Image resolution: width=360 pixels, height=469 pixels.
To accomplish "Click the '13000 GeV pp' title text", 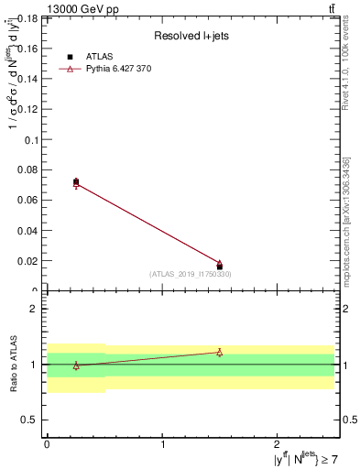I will pos(43,8).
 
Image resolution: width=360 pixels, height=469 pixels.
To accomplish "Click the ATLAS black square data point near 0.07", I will pos(76,182).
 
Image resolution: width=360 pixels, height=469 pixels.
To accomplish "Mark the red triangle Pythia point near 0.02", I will pos(220,263).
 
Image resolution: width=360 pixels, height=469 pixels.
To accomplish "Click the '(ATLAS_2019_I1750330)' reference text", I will pos(191,274).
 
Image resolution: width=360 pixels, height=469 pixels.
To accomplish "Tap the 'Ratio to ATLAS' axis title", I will pos(13,364).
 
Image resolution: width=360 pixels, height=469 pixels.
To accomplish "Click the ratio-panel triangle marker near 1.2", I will pos(220,352).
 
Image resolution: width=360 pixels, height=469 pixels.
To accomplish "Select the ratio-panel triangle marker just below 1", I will pos(76,365).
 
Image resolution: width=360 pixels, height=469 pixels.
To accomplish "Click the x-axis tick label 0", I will pos(47,444).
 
